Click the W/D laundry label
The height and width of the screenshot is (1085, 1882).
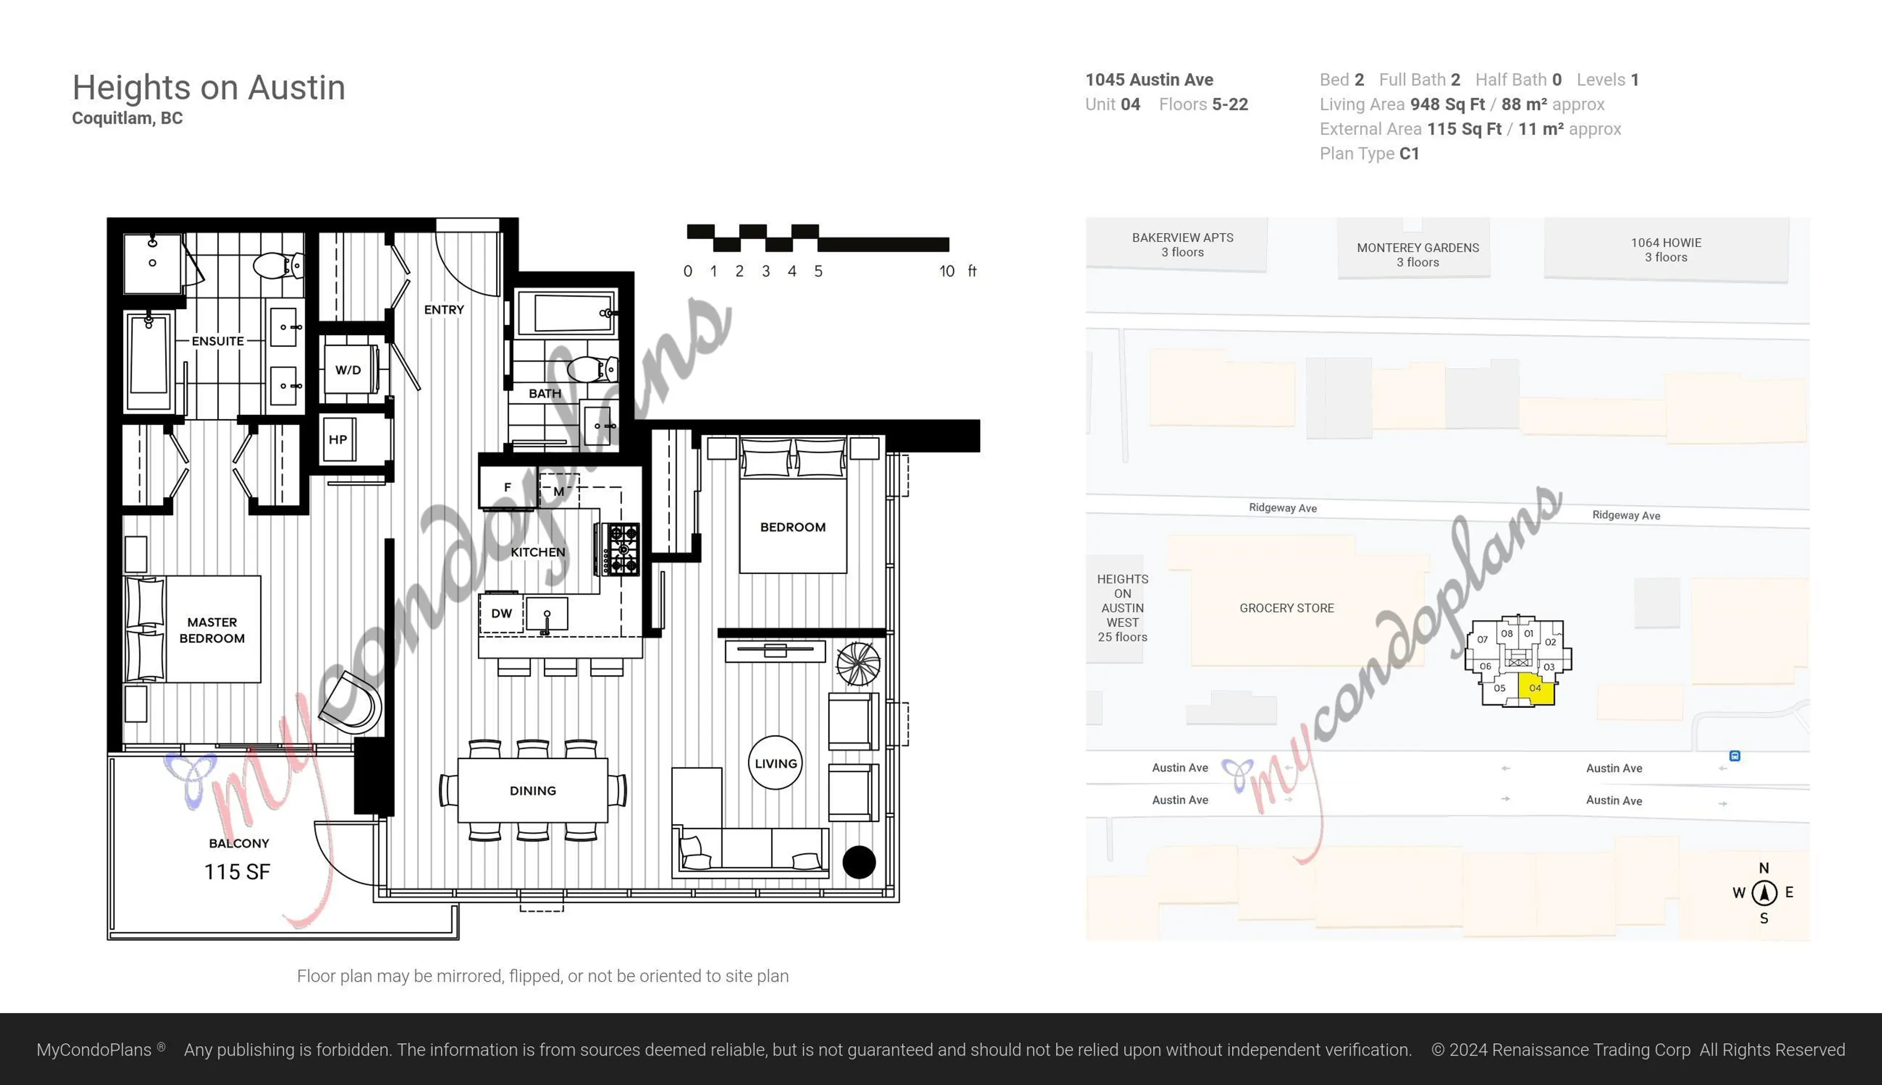pos(347,370)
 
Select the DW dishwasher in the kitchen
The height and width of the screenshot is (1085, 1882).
pos(501,613)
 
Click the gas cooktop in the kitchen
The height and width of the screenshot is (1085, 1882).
pos(620,549)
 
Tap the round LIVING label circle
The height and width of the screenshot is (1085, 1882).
pos(775,763)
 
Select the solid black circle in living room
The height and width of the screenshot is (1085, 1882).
pos(859,862)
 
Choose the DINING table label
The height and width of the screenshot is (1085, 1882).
pos(532,791)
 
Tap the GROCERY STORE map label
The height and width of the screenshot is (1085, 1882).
pos(1287,608)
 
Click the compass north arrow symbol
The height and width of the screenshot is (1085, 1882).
pos(1763,892)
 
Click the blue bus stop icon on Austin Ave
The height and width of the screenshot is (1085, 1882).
pos(1734,756)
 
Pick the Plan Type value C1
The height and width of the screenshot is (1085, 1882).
pos(1409,153)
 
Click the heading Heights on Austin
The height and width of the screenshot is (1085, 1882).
pos(209,88)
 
